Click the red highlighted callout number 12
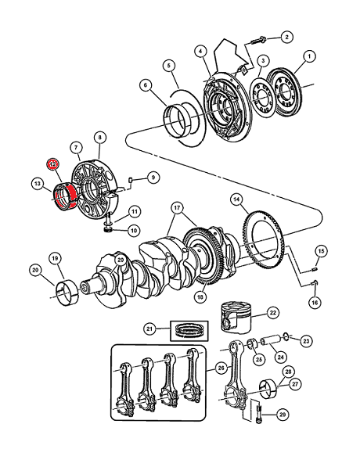pyautogui.click(x=53, y=164)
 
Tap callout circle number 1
pyautogui.click(x=309, y=56)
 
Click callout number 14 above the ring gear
pyautogui.click(x=236, y=199)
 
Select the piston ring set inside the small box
pyautogui.click(x=189, y=330)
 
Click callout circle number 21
pyautogui.click(x=149, y=329)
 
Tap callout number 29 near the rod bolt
pyautogui.click(x=283, y=415)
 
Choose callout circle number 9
pyautogui.click(x=153, y=178)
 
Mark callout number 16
pyautogui.click(x=315, y=303)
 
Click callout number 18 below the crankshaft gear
pyautogui.click(x=200, y=297)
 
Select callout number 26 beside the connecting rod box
pyautogui.click(x=221, y=368)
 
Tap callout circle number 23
pyautogui.click(x=306, y=341)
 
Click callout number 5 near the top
pyautogui.click(x=169, y=66)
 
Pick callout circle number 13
pyautogui.click(x=38, y=184)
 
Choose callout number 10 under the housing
pyautogui.click(x=134, y=230)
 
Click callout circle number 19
pyautogui.click(x=55, y=259)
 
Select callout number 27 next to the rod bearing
pyautogui.click(x=295, y=384)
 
